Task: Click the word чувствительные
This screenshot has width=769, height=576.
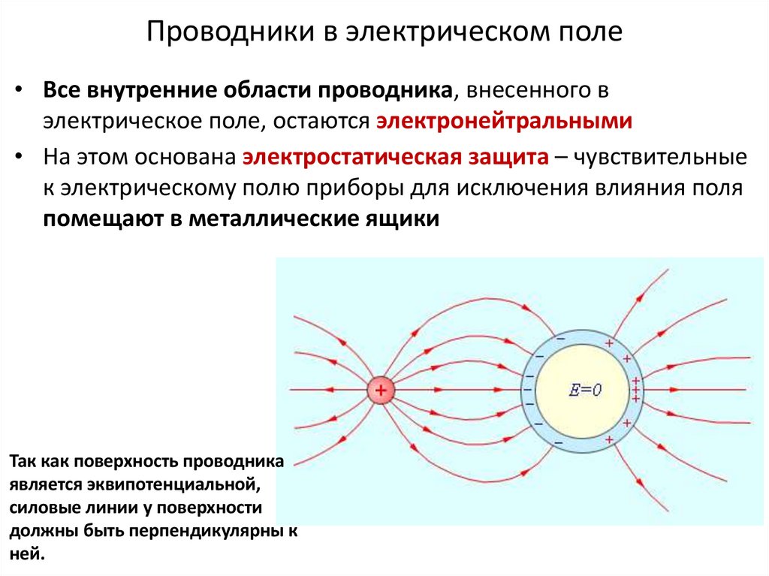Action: pyautogui.click(x=661, y=158)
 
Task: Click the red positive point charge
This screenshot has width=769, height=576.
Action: pyautogui.click(x=381, y=391)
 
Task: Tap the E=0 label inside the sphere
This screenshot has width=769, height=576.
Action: pyautogui.click(x=586, y=390)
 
